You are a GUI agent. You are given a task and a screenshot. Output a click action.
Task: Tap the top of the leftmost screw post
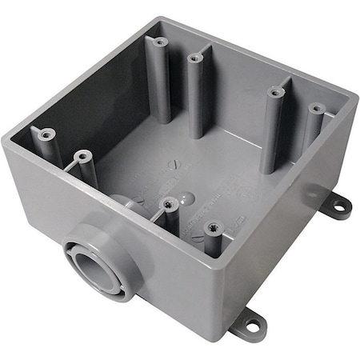click(x=46, y=135)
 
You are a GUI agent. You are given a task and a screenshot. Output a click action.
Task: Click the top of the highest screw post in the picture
click(x=161, y=41)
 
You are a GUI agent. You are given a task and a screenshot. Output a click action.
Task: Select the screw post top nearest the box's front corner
click(x=212, y=228)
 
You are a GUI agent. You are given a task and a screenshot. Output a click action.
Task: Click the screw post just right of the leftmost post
click(x=80, y=156)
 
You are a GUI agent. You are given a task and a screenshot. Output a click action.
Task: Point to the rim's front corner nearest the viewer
click(x=225, y=255)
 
